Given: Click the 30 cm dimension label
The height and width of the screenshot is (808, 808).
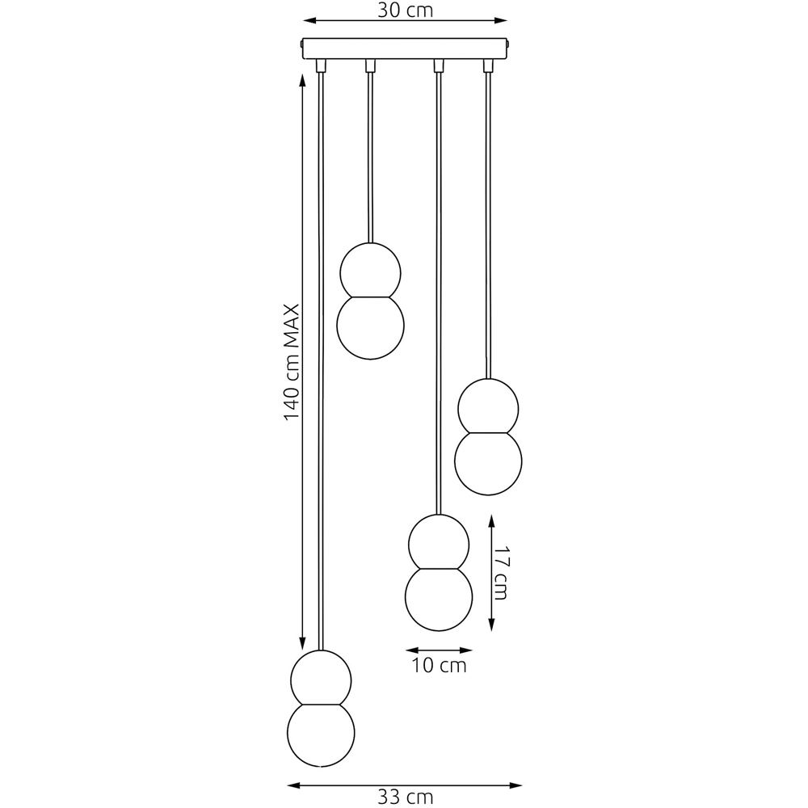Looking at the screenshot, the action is click(405, 10).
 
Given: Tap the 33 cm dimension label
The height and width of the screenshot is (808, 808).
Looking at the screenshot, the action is click(405, 797).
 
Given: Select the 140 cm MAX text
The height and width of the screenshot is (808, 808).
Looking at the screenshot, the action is click(292, 362).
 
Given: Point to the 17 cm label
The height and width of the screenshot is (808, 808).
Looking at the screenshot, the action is click(500, 573).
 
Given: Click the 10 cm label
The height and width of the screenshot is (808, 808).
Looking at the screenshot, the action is click(439, 665).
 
